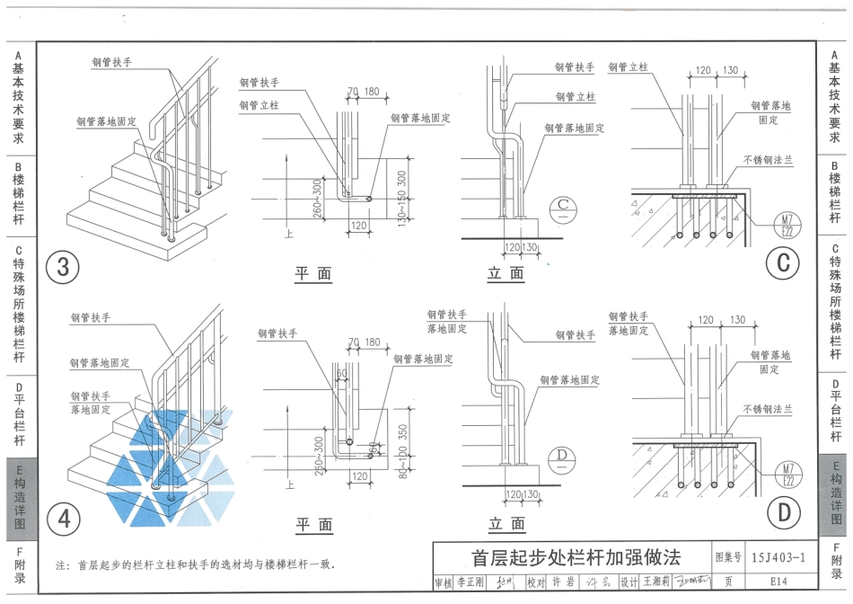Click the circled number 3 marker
pos(63,267)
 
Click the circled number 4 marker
pos(63,518)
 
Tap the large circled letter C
pos(783,262)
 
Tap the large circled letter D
pos(783,513)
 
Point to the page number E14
pos(778,582)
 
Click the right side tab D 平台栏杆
pos(834,414)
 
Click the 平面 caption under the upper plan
pos(313,274)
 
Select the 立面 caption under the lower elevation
pos(506,524)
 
